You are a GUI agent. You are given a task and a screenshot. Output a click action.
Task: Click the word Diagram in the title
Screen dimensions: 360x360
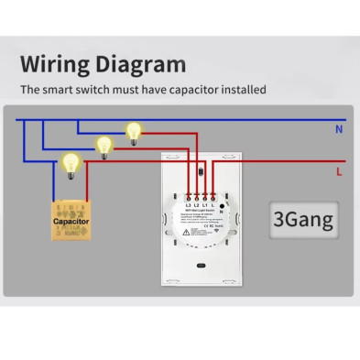[138, 65]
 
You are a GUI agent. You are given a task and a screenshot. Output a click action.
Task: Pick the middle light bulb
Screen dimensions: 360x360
[104, 146]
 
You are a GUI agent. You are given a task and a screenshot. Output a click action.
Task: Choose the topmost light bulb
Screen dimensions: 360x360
[136, 131]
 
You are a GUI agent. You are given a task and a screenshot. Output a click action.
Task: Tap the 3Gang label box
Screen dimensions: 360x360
[300, 218]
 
